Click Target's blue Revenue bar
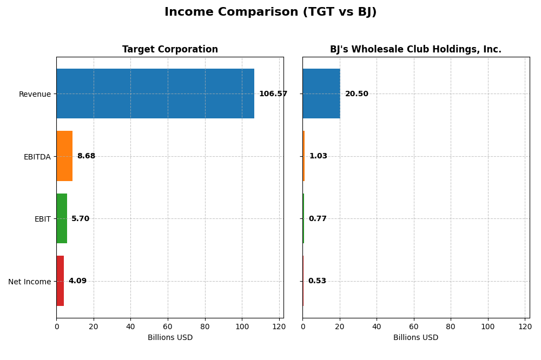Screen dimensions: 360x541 [155, 94]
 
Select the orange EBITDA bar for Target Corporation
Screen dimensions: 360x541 [64, 156]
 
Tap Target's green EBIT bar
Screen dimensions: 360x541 [62, 218]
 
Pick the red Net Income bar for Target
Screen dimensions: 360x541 [60, 281]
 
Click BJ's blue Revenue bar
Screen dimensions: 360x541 [321, 94]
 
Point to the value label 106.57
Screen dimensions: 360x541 [273, 94]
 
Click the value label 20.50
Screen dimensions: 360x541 [357, 94]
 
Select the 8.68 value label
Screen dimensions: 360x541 [86, 156]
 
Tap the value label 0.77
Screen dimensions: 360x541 [318, 219]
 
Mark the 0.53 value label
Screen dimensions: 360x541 [317, 281]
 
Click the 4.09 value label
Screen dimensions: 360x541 [77, 281]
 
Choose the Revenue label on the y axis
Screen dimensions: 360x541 [35, 94]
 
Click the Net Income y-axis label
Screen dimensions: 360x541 [29, 282]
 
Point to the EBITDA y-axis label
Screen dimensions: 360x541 [37, 157]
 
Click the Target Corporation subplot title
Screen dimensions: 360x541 [170, 50]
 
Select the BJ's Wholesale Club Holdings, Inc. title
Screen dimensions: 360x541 [415, 50]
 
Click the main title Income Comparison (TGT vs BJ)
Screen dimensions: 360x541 [270, 12]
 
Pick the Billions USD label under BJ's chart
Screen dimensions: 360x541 [415, 338]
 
